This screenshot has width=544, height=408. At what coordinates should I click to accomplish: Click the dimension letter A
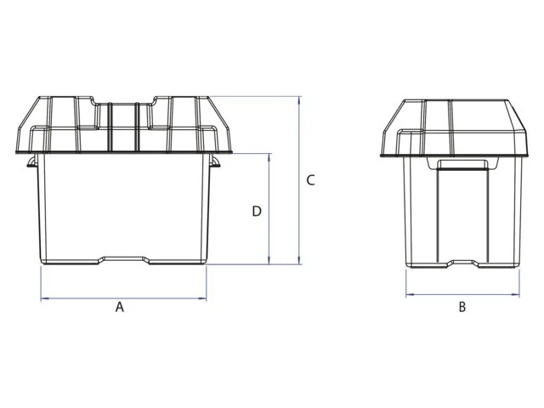(x=119, y=307)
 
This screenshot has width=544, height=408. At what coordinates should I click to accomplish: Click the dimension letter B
(x=462, y=307)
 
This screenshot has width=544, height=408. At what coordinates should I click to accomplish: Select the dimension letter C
(x=310, y=180)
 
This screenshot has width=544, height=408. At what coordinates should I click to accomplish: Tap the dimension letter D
(x=257, y=211)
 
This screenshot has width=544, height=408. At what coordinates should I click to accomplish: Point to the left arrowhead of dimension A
(x=44, y=298)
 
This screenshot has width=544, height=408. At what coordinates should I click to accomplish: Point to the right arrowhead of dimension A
(x=202, y=298)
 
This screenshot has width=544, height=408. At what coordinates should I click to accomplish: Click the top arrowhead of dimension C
(x=298, y=100)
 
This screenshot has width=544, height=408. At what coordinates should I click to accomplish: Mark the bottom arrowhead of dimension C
(x=298, y=260)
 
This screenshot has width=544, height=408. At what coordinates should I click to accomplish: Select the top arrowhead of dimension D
(x=269, y=157)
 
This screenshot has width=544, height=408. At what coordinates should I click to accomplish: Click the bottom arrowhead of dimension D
(x=269, y=260)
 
